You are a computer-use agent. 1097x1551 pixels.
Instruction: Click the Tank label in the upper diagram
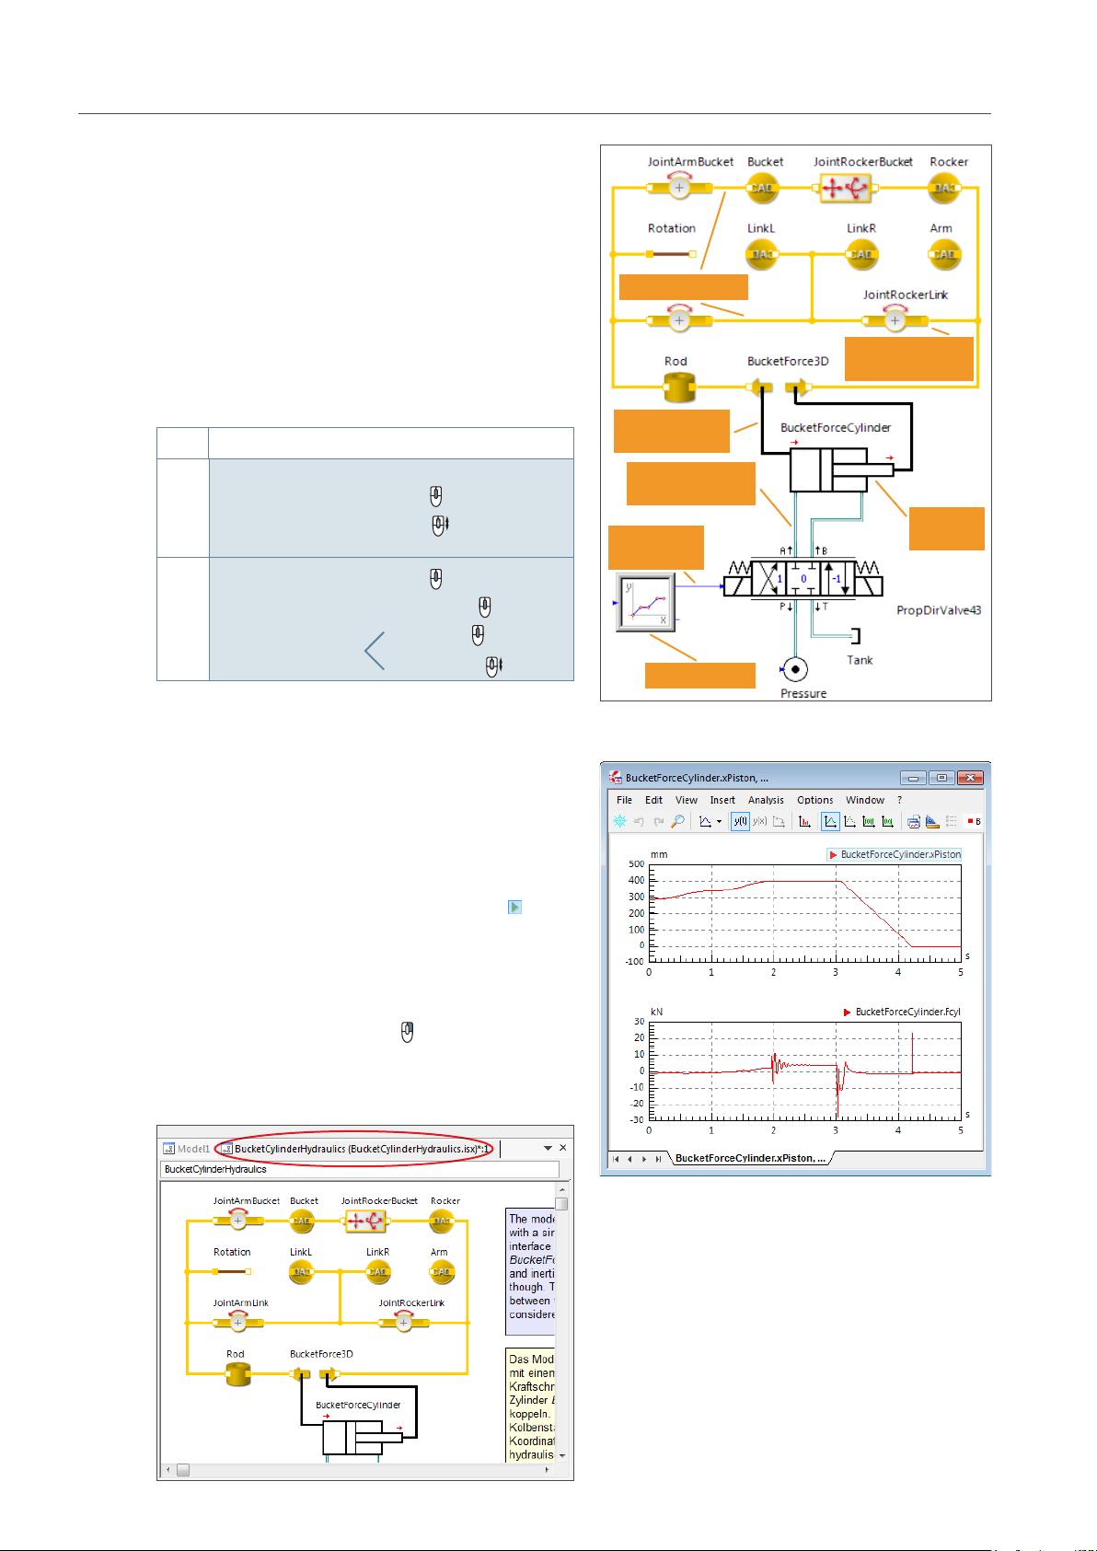coord(860,660)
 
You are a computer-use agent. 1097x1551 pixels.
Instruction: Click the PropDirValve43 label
coord(939,610)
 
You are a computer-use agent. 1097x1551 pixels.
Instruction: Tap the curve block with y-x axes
coord(645,602)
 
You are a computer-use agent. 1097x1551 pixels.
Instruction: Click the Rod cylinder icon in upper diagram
coord(680,388)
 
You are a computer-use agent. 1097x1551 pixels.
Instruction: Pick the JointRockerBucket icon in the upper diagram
coord(844,189)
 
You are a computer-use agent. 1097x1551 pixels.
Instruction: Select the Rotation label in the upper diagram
coord(672,228)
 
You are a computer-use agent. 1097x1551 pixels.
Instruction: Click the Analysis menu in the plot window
coord(766,800)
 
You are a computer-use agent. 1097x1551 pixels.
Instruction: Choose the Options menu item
coord(814,800)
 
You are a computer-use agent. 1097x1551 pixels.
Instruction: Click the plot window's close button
coord(971,778)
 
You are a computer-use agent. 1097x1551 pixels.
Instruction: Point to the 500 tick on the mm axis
coord(636,864)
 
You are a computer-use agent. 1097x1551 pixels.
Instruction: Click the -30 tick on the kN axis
coord(636,1120)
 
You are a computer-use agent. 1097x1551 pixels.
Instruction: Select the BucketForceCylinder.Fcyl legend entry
coord(907,1012)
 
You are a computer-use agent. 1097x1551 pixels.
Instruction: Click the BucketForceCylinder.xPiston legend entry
coord(899,854)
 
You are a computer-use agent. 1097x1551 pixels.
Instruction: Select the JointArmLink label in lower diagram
coord(241,1302)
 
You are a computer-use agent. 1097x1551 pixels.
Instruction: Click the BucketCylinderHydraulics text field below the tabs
coord(359,1169)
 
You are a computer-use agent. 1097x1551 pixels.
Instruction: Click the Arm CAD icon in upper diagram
coord(945,254)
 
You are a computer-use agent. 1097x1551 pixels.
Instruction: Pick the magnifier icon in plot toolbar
coord(676,822)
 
